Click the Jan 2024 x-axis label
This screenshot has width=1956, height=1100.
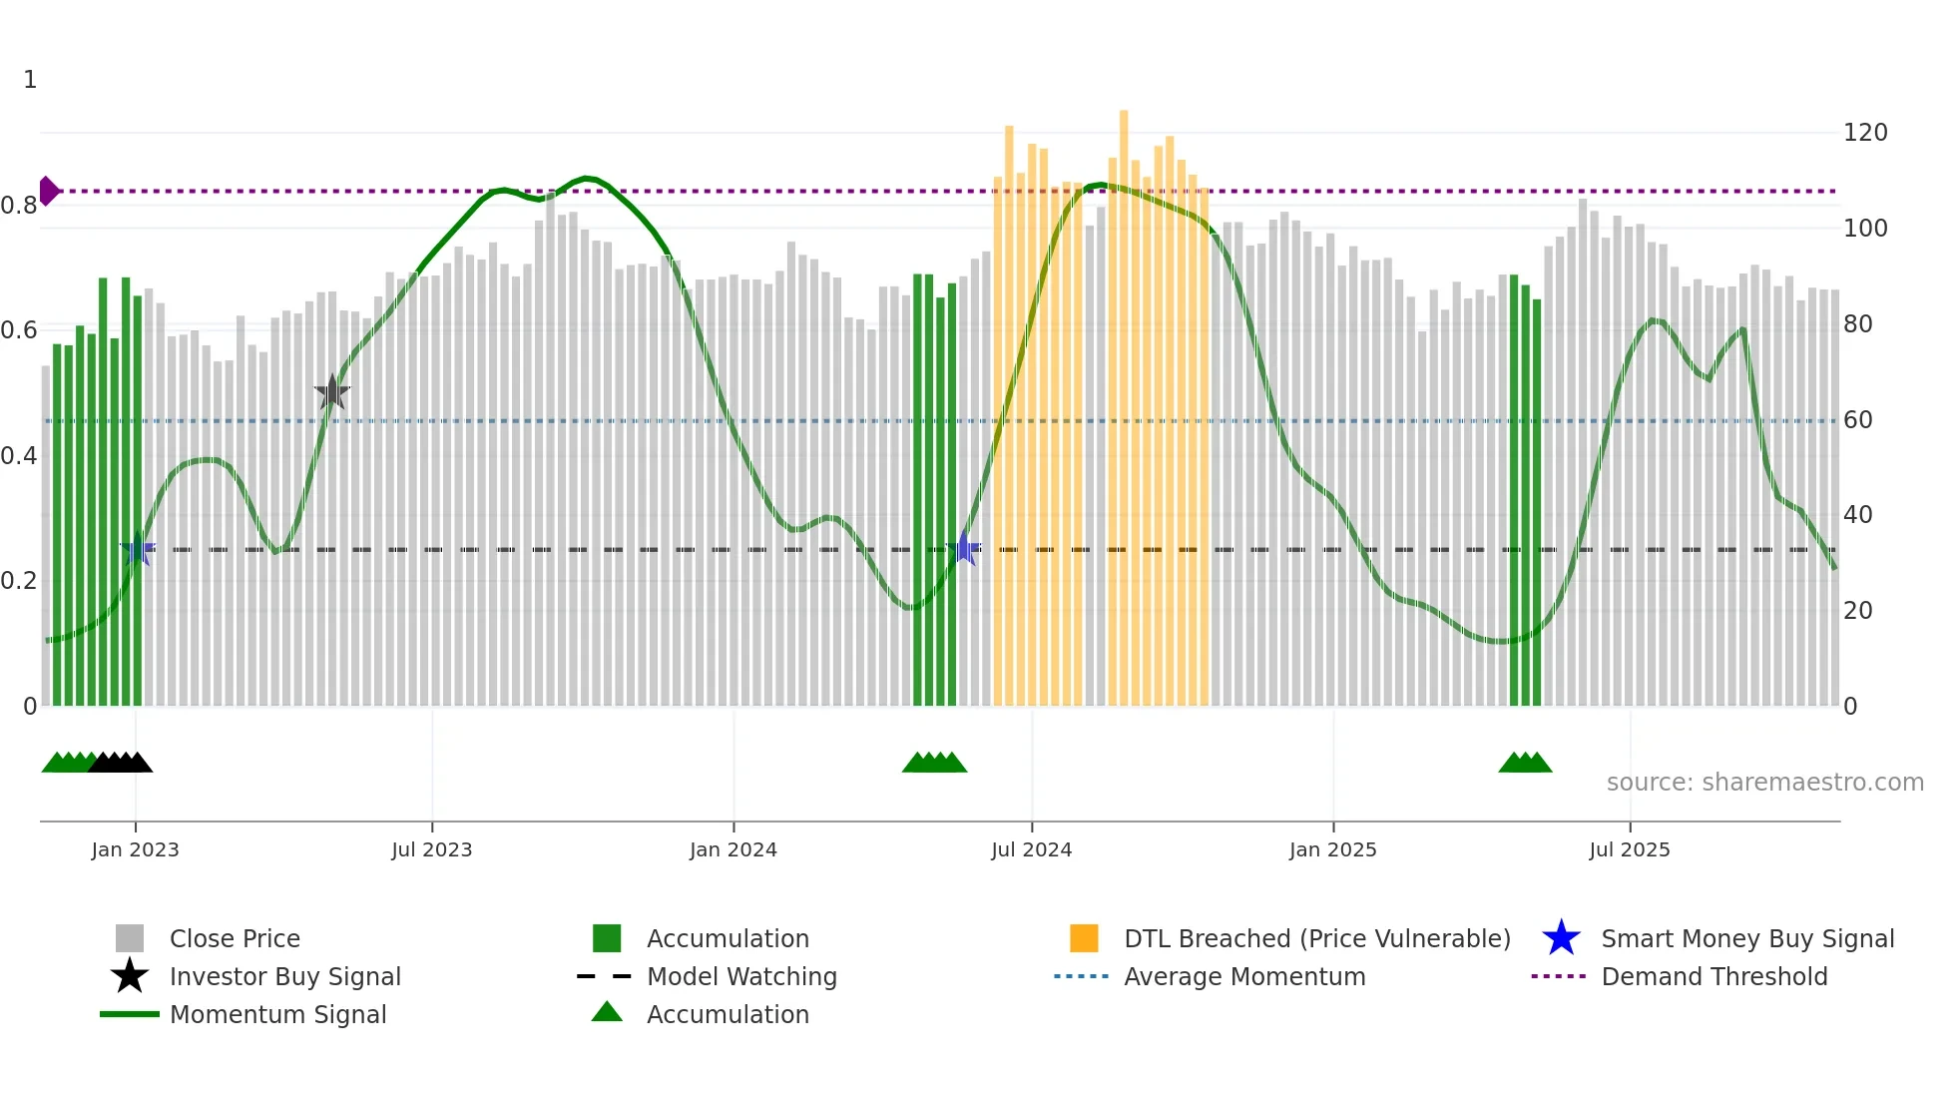pos(733,849)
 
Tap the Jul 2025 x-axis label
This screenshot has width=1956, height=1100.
pos(1629,849)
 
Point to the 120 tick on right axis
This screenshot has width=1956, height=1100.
pos(1864,133)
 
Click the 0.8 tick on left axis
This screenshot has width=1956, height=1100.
pos(19,206)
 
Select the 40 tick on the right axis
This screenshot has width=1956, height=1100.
pos(1857,515)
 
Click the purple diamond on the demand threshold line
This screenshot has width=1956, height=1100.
pos(48,191)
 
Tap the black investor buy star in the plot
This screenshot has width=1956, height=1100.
pos(332,392)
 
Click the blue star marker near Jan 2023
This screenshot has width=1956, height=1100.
pos(138,549)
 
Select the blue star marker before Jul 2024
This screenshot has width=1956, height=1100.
pos(964,548)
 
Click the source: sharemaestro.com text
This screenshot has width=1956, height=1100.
pos(1764,783)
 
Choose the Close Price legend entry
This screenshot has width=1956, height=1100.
pos(235,938)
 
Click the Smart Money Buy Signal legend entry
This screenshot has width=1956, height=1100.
pos(1746,938)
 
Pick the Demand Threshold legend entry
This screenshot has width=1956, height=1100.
pos(1713,976)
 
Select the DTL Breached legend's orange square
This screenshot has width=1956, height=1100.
pos(1084,938)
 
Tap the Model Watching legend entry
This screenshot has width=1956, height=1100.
pos(741,976)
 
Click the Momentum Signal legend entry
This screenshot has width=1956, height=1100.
pos(277,1014)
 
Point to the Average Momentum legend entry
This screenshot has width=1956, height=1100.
pos(1243,976)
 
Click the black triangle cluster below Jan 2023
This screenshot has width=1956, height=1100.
pos(120,763)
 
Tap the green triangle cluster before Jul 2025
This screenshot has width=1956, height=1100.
pos(1525,763)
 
